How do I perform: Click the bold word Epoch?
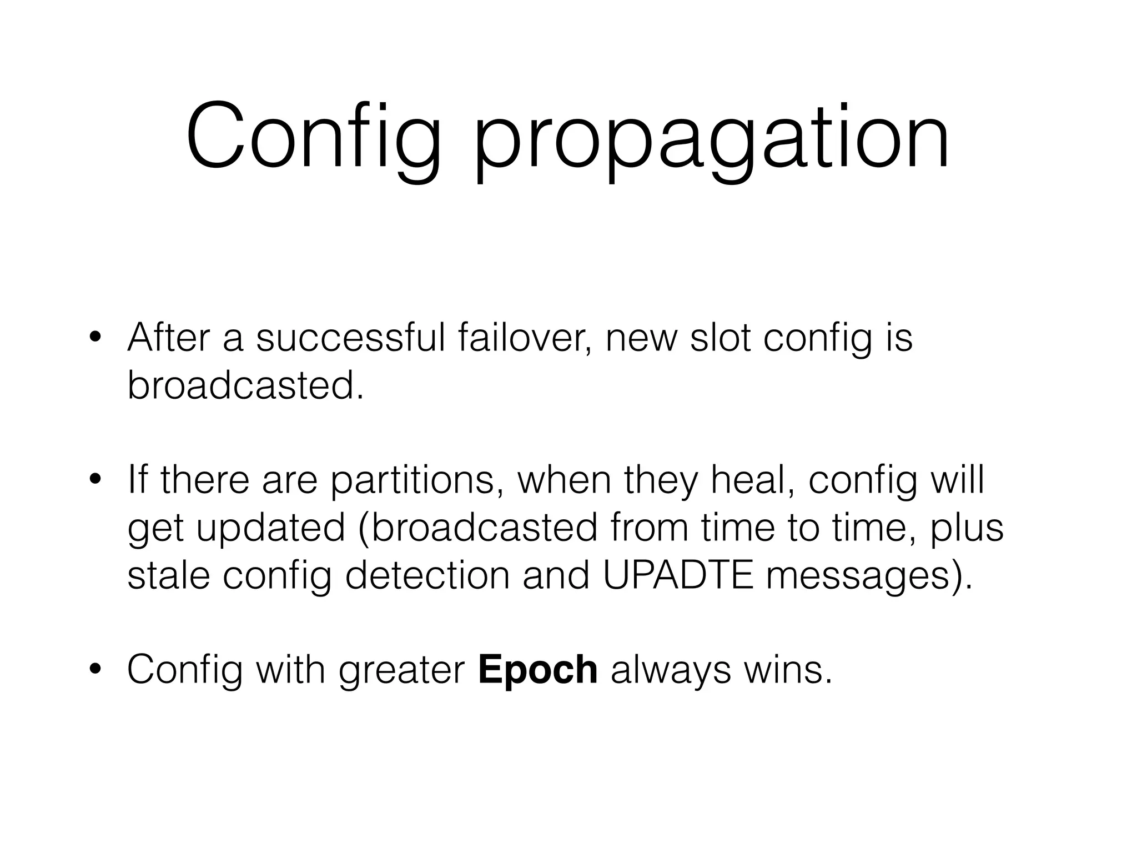(x=537, y=670)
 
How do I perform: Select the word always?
(x=671, y=670)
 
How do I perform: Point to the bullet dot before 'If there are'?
(x=95, y=481)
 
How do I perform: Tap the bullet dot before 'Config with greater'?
(x=95, y=671)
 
